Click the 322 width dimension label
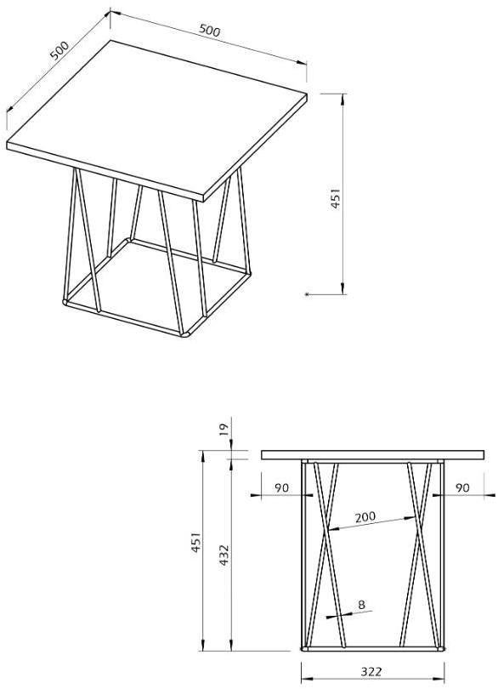[371, 671]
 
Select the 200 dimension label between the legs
[365, 517]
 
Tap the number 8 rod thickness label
[361, 604]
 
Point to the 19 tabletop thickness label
[224, 430]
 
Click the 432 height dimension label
[224, 555]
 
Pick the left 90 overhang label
[281, 487]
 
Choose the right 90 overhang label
[462, 487]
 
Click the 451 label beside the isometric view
[335, 198]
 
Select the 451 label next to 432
[195, 542]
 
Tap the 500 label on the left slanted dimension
[59, 50]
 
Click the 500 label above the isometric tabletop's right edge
[209, 30]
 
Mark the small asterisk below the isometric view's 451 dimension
[307, 294]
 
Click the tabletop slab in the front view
[373, 455]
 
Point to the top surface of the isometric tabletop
[156, 117]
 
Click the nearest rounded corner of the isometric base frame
[187, 334]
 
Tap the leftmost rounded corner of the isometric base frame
[66, 302]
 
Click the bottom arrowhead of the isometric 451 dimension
[342, 288]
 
